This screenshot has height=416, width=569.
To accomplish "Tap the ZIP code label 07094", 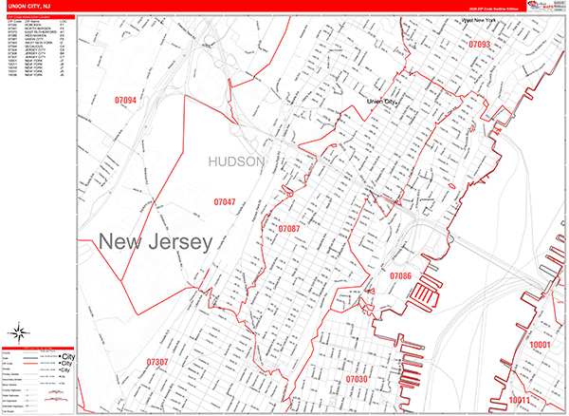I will (125, 101).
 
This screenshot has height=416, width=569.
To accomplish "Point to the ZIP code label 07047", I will (225, 202).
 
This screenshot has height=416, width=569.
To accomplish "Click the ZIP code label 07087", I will (288, 229).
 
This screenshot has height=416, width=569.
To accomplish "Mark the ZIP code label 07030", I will (357, 379).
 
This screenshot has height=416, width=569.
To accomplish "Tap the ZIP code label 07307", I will (157, 363).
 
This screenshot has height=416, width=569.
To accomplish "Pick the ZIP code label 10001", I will (541, 345).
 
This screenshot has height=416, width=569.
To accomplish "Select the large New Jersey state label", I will (155, 241).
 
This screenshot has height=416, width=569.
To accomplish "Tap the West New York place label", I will (480, 20).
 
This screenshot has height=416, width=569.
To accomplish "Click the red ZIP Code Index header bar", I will (38, 16).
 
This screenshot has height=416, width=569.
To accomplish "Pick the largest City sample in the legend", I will (66, 356).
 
